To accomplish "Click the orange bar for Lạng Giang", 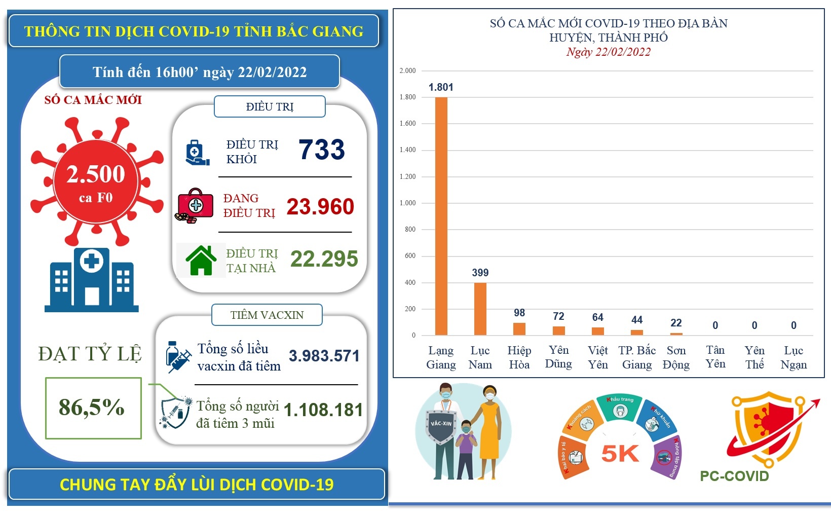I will click(441, 216).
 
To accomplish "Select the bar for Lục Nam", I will click(480, 309).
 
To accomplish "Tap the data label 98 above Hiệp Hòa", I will click(519, 313).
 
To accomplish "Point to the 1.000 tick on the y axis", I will click(408, 203).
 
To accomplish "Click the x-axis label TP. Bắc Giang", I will click(637, 357).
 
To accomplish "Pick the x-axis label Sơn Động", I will click(676, 357).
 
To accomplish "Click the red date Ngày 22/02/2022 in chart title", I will click(609, 52).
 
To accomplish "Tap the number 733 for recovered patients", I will click(321, 150).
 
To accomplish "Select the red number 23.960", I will click(320, 207).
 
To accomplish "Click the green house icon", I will click(201, 260).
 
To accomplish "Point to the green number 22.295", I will click(324, 259).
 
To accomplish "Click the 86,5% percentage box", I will click(93, 408).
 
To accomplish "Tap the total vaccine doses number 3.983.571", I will click(324, 356).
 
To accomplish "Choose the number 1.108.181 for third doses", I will click(323, 410).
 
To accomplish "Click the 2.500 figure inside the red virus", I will click(96, 174).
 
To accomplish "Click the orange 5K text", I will click(620, 454).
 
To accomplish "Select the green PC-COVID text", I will click(734, 476).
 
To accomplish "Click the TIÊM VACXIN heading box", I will click(267, 315).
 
